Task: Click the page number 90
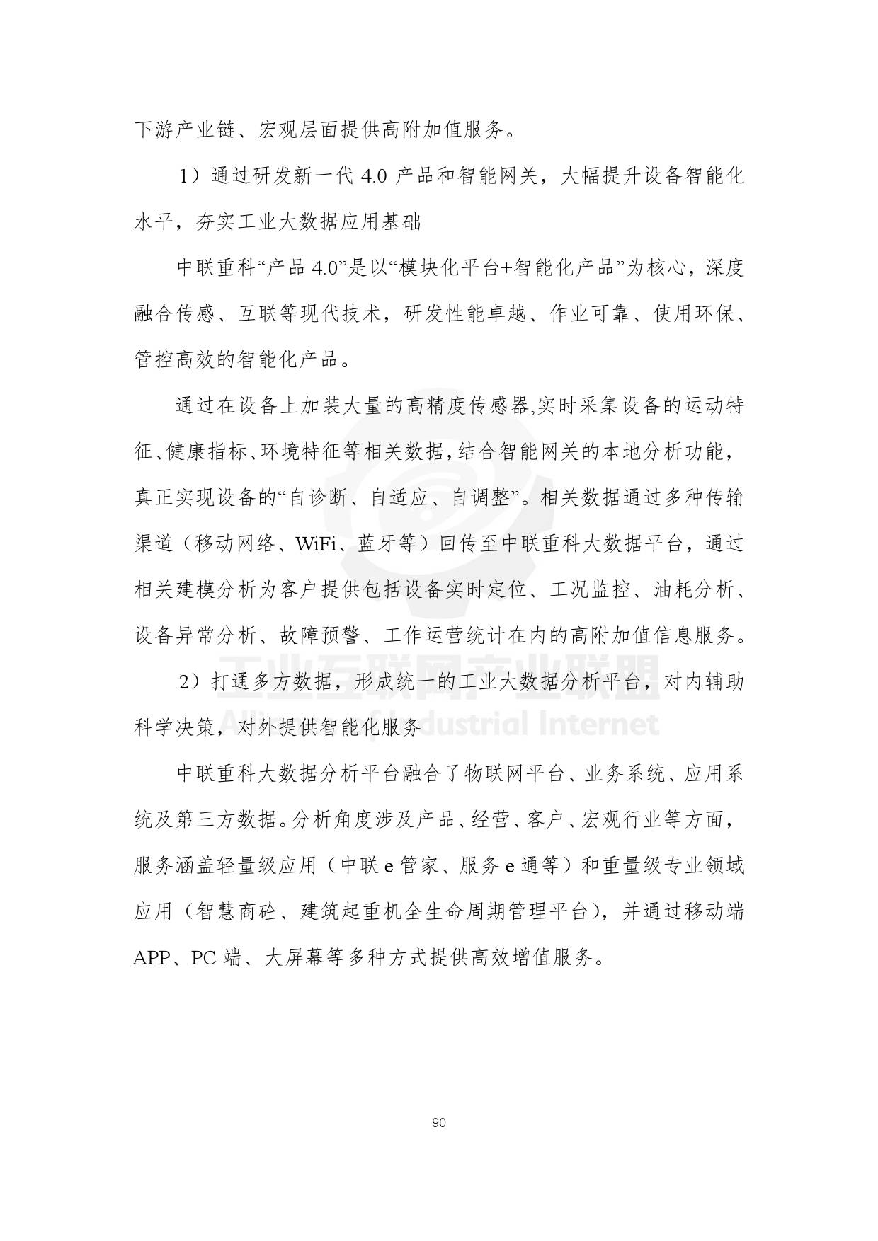[438, 1123]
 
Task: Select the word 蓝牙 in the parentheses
[380, 544]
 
